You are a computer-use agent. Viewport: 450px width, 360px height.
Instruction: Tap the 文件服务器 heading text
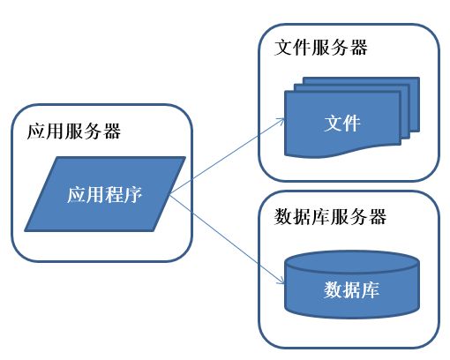(321, 47)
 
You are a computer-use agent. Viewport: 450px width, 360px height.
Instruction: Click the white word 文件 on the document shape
(342, 123)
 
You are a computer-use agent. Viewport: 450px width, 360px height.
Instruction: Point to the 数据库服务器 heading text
(331, 216)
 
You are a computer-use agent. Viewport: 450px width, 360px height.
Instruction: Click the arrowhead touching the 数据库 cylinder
(280, 282)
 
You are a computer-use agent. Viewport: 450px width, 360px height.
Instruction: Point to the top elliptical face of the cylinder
(352, 262)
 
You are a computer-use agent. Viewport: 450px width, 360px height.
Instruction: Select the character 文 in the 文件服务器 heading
(284, 47)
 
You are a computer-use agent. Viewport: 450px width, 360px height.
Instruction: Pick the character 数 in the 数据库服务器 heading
(284, 216)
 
